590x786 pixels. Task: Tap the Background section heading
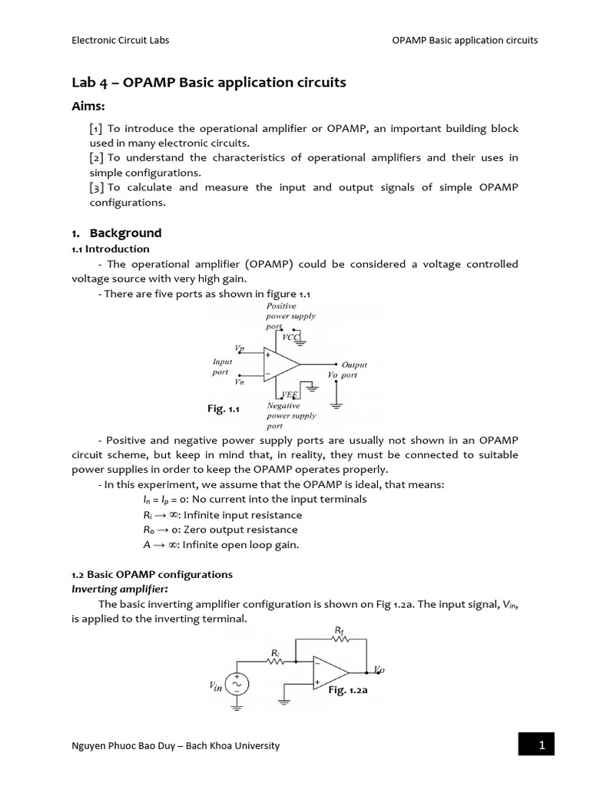click(x=125, y=233)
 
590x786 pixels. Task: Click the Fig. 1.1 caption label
click(x=224, y=409)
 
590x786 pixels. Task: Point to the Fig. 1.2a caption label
click(x=348, y=691)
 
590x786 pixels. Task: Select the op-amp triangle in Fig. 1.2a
click(x=330, y=670)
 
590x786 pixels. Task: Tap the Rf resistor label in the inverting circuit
click(x=340, y=631)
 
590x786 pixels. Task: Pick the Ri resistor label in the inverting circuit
click(x=274, y=653)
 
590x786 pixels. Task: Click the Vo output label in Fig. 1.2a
click(x=379, y=670)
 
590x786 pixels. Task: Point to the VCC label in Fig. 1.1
click(x=291, y=337)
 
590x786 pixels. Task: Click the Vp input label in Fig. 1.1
click(x=240, y=349)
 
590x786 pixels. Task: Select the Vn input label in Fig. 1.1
click(x=240, y=381)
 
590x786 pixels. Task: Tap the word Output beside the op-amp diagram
click(x=354, y=365)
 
